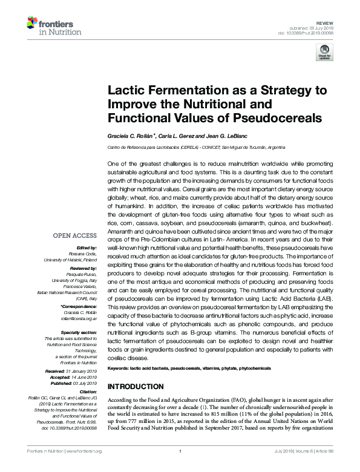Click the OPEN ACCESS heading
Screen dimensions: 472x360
pyautogui.click(x=74, y=236)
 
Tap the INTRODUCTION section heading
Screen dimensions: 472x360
pyautogui.click(x=135, y=387)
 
